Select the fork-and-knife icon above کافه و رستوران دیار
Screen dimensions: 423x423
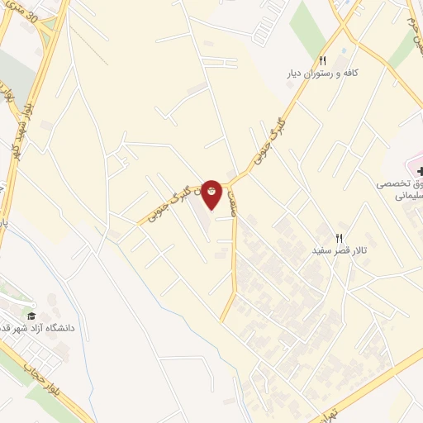(323, 60)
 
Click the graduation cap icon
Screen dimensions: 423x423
(32, 315)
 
